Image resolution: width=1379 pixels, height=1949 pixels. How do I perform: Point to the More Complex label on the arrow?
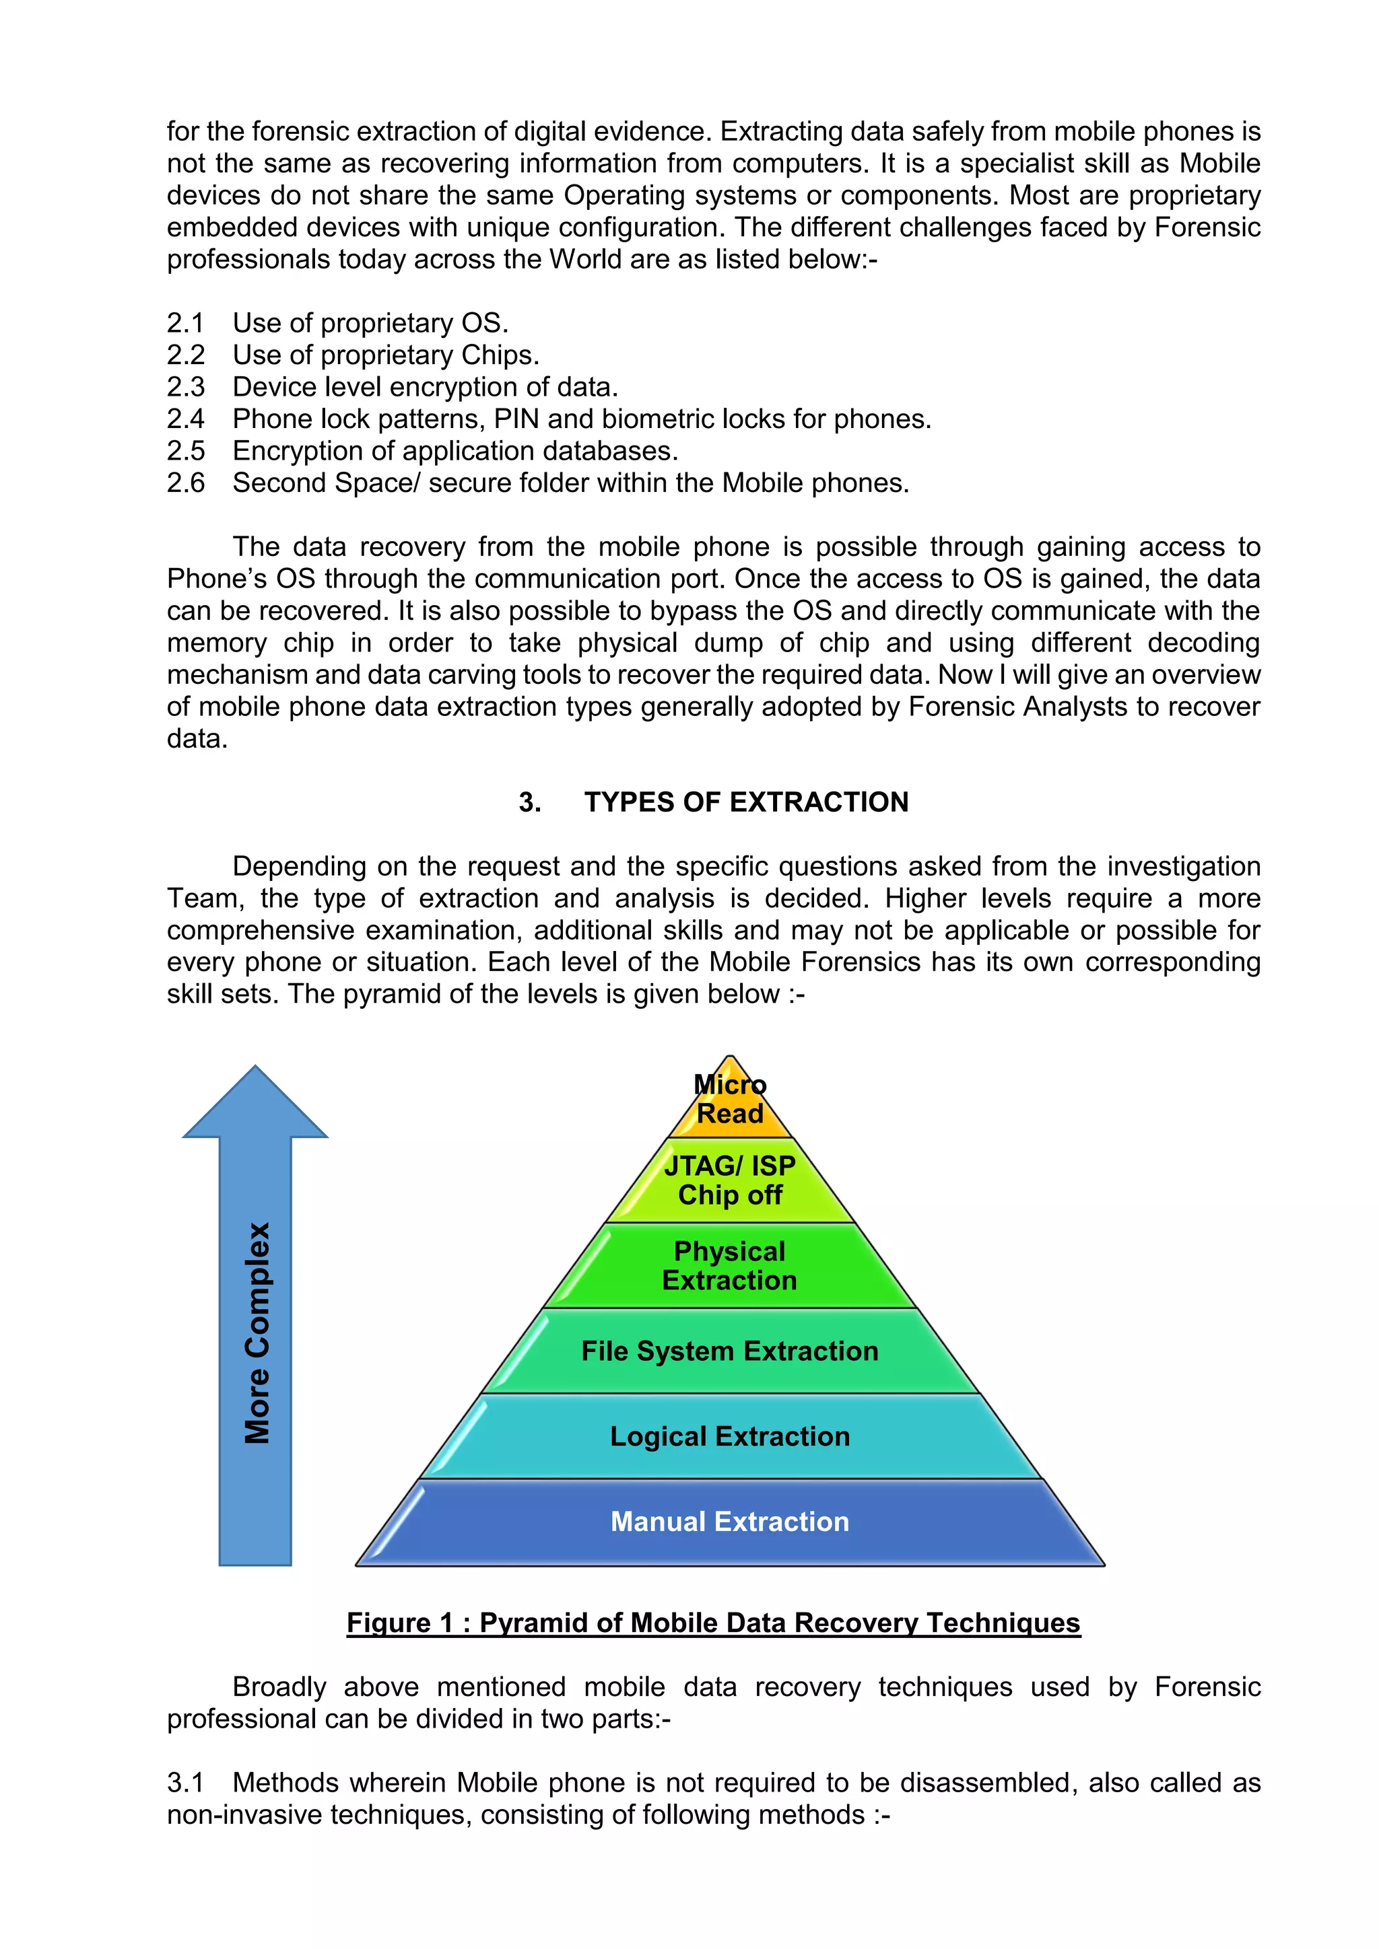tap(257, 1333)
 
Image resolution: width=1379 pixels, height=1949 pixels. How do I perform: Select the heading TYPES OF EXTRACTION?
tap(745, 802)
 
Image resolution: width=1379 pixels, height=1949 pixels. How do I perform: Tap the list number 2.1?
tap(185, 324)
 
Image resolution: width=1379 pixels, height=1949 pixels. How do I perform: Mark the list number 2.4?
tap(185, 419)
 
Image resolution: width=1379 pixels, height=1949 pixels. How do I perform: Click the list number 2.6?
tap(185, 483)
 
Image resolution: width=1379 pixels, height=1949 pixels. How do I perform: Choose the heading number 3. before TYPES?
tap(530, 802)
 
